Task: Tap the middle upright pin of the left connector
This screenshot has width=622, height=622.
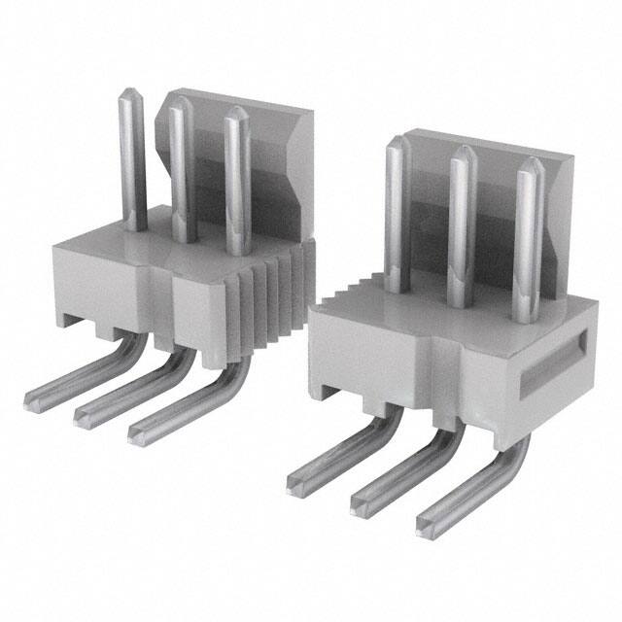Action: pos(181,175)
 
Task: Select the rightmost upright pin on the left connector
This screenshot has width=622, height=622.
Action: pos(236,185)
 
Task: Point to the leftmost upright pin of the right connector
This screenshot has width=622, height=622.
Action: pos(394,214)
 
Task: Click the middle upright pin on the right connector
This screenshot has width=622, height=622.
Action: pos(461,228)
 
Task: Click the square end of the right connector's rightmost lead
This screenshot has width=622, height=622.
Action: pos(429,525)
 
